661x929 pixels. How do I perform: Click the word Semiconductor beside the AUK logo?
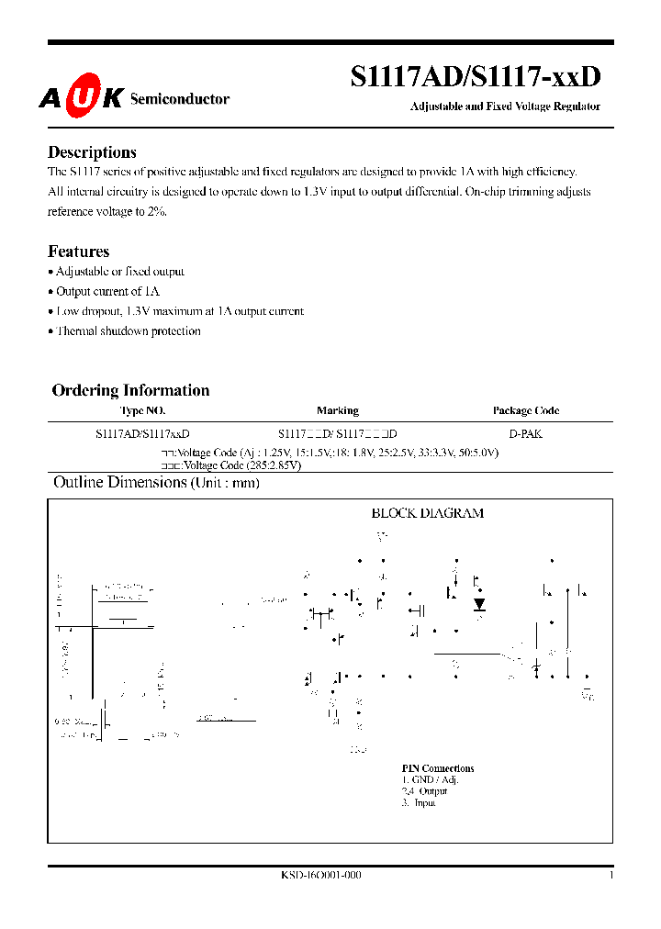tap(180, 99)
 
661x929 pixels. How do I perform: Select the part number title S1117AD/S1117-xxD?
tap(476, 79)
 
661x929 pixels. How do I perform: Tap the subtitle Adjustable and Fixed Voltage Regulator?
tap(504, 106)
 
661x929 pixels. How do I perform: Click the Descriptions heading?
tap(92, 152)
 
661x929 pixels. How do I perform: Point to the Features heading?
tap(78, 252)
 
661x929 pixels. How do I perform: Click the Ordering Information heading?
tap(130, 390)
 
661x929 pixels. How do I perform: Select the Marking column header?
tap(338, 411)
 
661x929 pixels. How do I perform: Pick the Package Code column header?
tap(526, 411)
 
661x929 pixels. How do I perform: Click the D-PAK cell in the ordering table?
tap(526, 433)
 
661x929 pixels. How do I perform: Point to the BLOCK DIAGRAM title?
tap(427, 513)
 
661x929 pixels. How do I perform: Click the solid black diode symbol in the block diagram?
tap(479, 604)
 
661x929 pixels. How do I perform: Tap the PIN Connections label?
tap(438, 768)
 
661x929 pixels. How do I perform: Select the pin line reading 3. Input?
tap(419, 802)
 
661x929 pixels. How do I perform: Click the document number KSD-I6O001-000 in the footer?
tap(321, 876)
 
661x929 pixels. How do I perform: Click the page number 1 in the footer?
tap(611, 876)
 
